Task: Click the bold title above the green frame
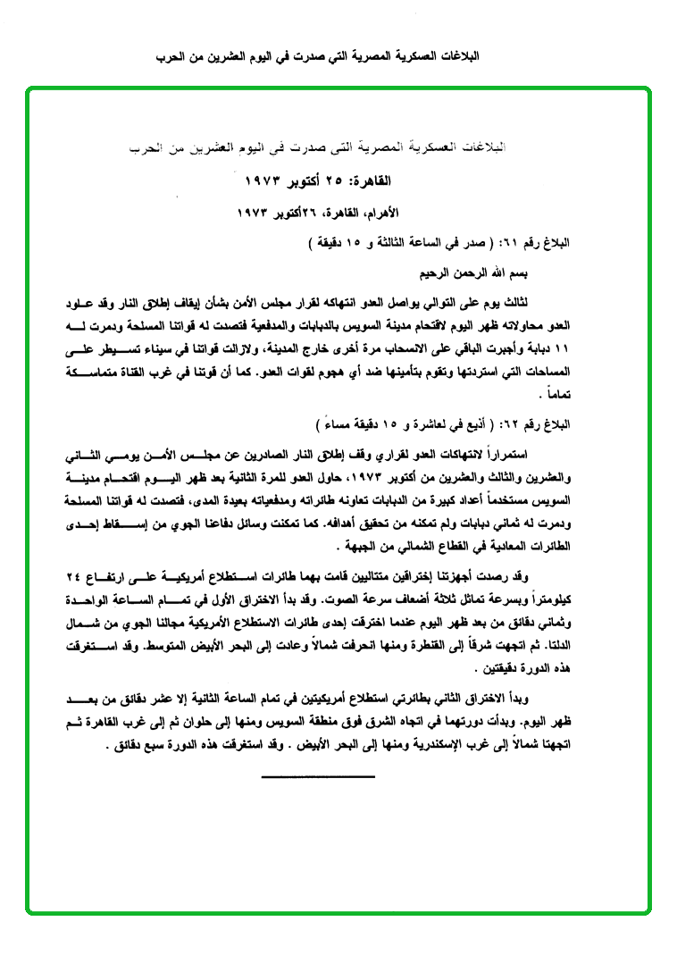click(338, 55)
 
